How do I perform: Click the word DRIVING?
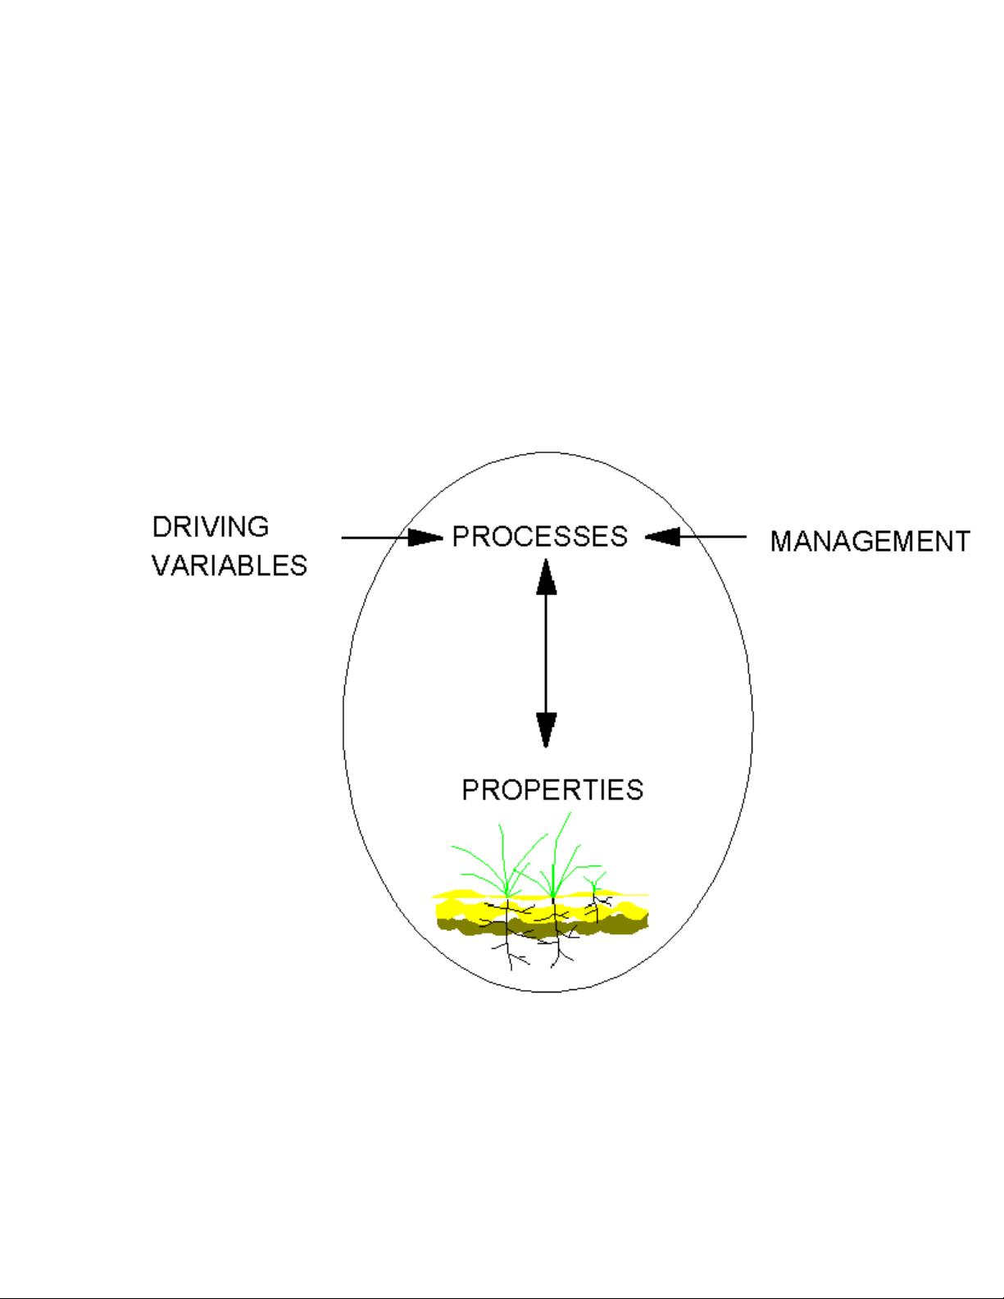(211, 526)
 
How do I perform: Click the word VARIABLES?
(229, 565)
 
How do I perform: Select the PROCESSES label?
(540, 536)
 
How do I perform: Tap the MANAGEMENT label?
(870, 542)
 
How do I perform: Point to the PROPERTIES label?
(552, 789)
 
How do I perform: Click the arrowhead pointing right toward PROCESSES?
(425, 538)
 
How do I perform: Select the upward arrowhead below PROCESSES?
(546, 576)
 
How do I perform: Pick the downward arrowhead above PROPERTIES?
(546, 729)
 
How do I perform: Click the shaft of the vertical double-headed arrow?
(546, 652)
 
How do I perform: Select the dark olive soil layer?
(541, 927)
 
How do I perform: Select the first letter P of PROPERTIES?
(470, 789)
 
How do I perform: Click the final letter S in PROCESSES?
(620, 536)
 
